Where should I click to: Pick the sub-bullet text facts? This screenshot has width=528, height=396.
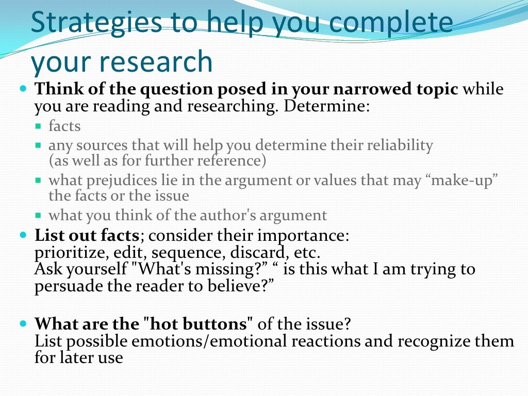tap(64, 126)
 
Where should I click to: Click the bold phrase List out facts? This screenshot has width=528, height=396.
tap(87, 236)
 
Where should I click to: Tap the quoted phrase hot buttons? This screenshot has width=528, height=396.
tap(199, 324)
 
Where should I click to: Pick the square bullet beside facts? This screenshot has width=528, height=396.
tap(38, 126)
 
